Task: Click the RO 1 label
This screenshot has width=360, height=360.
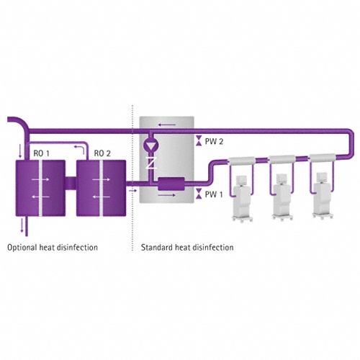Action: pyautogui.click(x=42, y=153)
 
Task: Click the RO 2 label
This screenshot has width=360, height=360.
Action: pyautogui.click(x=102, y=153)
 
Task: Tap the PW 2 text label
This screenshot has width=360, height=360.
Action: pyautogui.click(x=214, y=141)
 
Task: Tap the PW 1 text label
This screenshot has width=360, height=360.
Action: pyautogui.click(x=214, y=194)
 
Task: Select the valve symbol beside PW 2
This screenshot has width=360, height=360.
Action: pyautogui.click(x=199, y=140)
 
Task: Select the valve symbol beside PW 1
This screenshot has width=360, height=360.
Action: pyautogui.click(x=199, y=194)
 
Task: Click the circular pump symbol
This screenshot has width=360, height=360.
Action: pyautogui.click(x=150, y=145)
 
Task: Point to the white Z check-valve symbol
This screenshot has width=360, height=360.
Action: pyautogui.click(x=151, y=163)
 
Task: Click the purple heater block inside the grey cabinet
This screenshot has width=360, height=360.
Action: pyautogui.click(x=171, y=184)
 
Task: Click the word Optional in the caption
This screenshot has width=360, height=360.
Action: pyautogui.click(x=22, y=248)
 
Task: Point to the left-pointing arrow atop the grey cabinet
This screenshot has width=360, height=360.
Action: pyautogui.click(x=167, y=125)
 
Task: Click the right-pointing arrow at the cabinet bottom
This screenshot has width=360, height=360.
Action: pyautogui.click(x=167, y=195)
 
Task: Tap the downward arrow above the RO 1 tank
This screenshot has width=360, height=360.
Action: pyautogui.click(x=20, y=151)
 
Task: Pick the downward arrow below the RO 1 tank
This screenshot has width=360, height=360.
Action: pyautogui.click(x=22, y=225)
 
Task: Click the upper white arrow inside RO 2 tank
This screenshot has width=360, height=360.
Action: pyautogui.click(x=102, y=179)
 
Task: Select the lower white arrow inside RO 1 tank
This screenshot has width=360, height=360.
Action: pyautogui.click(x=40, y=197)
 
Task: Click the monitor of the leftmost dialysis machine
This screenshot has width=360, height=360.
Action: pyautogui.click(x=242, y=180)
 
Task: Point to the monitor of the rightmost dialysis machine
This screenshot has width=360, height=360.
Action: pyautogui.click(x=322, y=178)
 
